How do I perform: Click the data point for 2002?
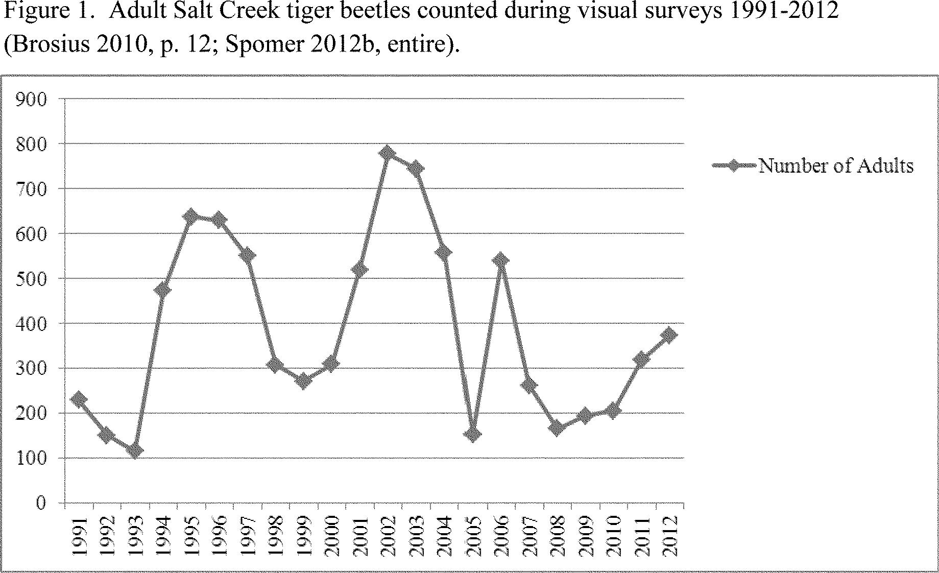(x=387, y=153)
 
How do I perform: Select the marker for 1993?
(x=135, y=450)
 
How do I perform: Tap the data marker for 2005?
(x=473, y=435)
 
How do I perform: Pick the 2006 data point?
(x=501, y=260)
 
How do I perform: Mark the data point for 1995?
(x=191, y=217)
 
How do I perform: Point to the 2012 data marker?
(x=669, y=335)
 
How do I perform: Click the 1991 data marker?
(x=79, y=399)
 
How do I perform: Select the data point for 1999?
(x=303, y=381)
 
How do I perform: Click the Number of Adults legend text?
(x=836, y=166)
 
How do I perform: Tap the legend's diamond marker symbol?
(x=734, y=166)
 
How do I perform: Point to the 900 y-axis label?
(x=31, y=99)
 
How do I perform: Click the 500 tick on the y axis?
(x=31, y=279)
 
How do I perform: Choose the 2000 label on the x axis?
(x=331, y=537)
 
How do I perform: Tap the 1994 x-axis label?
(x=163, y=537)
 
